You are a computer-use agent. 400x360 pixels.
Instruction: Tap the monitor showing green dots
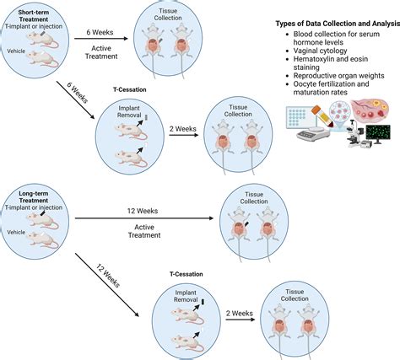376,132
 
